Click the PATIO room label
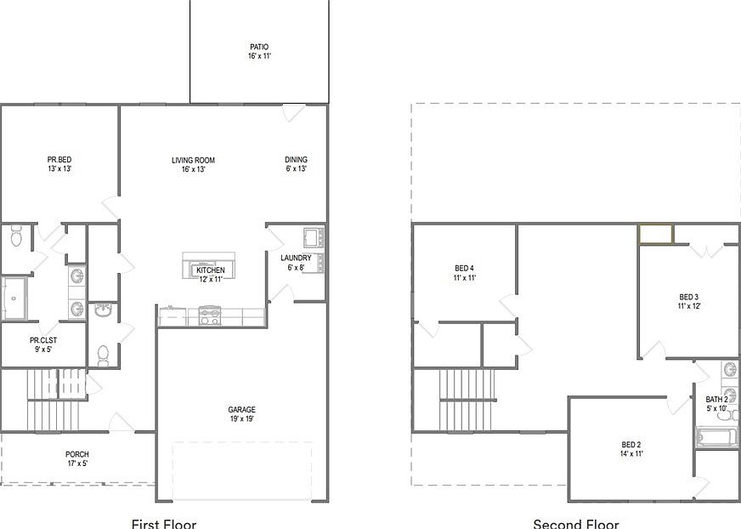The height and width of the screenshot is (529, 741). click(x=259, y=47)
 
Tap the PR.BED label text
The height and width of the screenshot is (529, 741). click(x=59, y=159)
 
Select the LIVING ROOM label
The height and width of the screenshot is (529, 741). click(x=193, y=160)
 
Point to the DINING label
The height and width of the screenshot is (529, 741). click(x=297, y=159)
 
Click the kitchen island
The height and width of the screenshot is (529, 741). click(x=209, y=265)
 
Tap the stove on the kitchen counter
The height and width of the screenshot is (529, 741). click(x=210, y=316)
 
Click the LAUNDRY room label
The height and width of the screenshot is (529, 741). click(x=296, y=258)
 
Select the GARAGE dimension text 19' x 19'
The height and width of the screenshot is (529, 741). click(x=242, y=418)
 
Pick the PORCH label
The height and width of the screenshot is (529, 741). click(x=77, y=454)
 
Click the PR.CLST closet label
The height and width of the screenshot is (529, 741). click(x=43, y=340)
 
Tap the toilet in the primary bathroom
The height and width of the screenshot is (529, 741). click(x=16, y=236)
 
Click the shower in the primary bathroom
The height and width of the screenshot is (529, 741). click(x=14, y=299)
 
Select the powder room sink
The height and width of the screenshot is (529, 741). click(x=103, y=310)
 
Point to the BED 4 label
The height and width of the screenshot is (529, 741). click(x=465, y=268)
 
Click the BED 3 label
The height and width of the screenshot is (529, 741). click(x=689, y=297)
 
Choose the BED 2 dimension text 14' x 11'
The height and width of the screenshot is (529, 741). click(x=631, y=454)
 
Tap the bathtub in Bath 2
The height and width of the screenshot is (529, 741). click(x=716, y=436)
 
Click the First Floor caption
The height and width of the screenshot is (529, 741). click(x=163, y=524)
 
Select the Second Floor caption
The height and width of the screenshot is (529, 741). click(x=575, y=524)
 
